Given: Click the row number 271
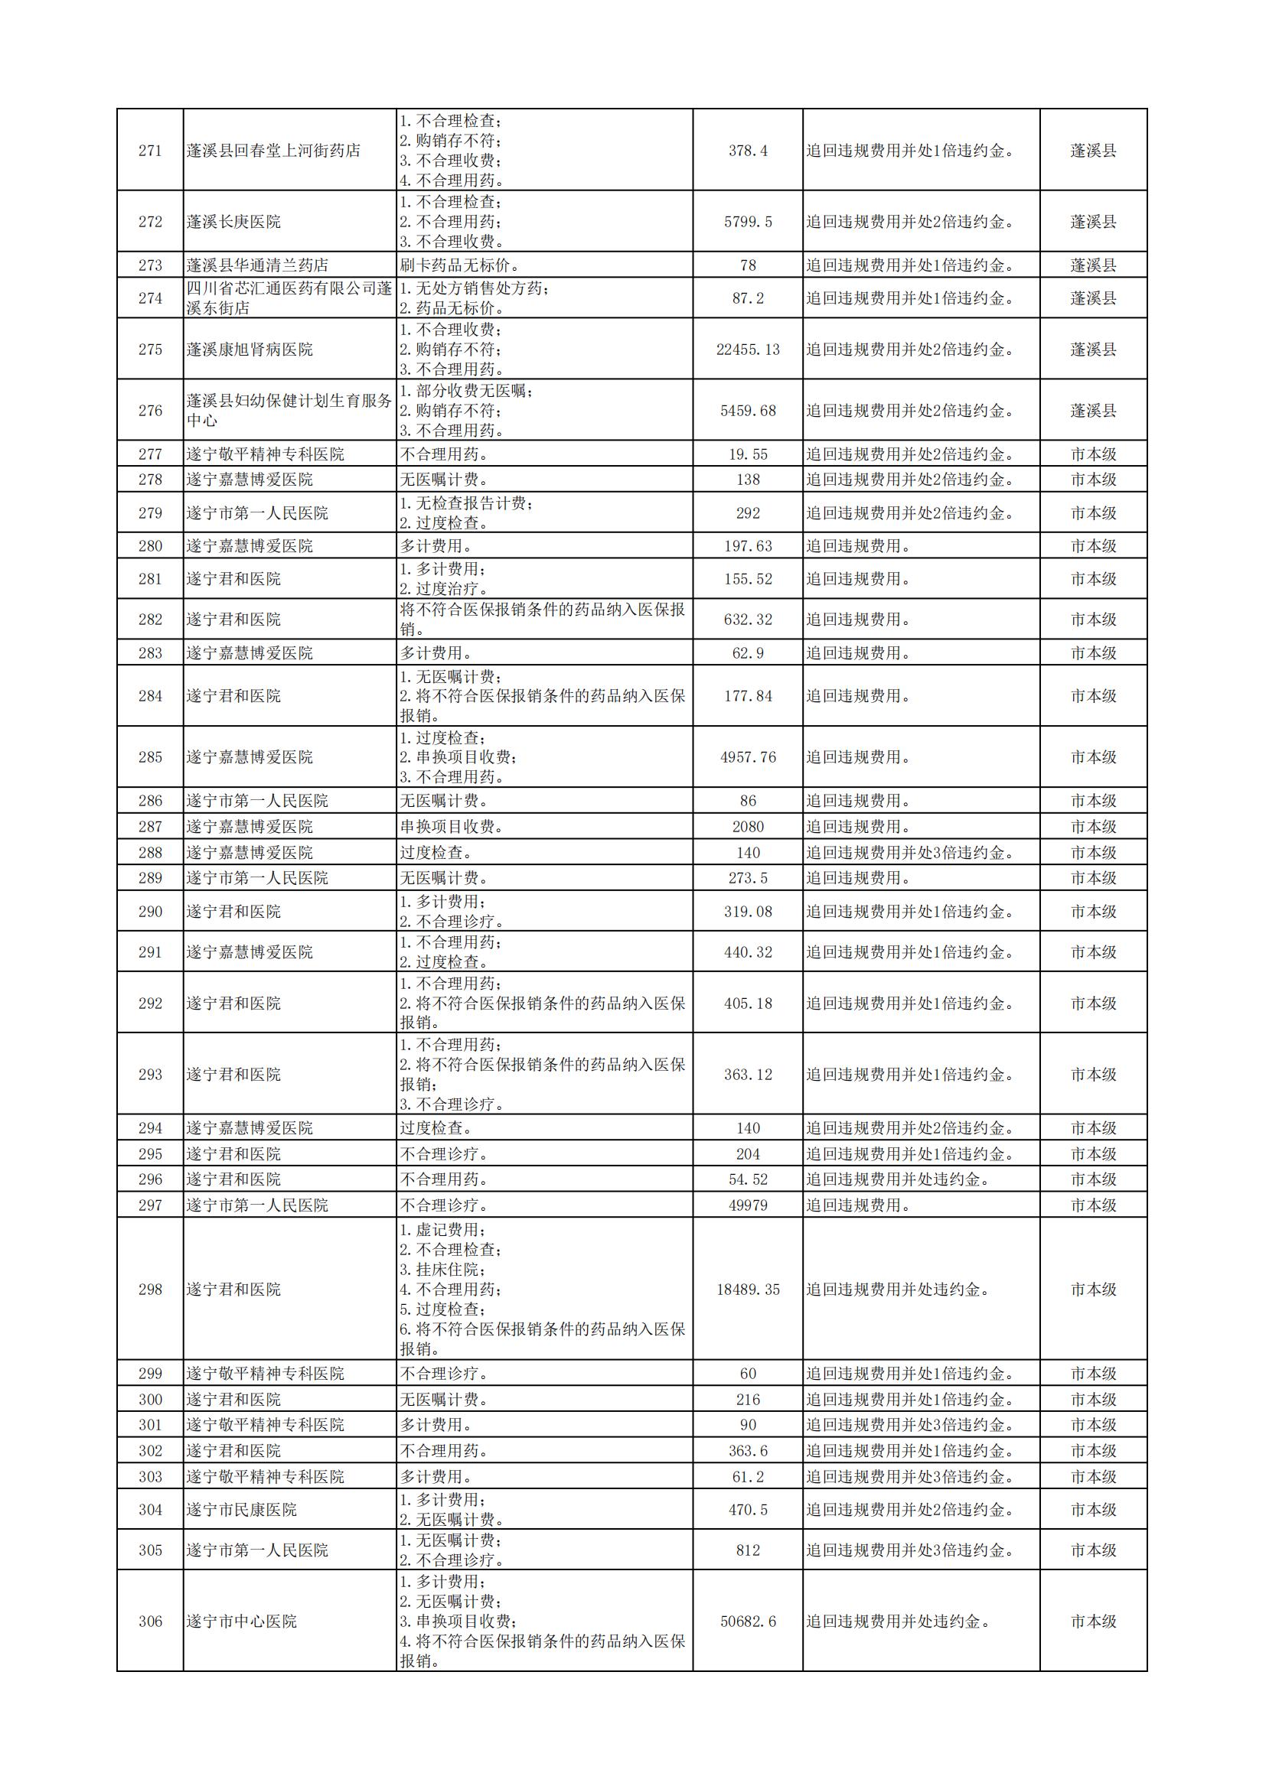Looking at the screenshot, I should coord(150,151).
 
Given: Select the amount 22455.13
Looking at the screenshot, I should coord(748,349).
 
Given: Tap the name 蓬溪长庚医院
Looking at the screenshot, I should coord(233,222).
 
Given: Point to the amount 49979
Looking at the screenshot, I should coord(748,1205).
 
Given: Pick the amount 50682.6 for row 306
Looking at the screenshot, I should coord(748,1621).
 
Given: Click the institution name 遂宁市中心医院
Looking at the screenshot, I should coord(241,1621).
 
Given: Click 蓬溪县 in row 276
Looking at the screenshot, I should coord(1093,411).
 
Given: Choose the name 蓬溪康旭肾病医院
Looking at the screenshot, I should coord(249,349).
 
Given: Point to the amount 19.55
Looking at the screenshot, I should coord(748,454).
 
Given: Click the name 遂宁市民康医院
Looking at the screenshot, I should coord(241,1509).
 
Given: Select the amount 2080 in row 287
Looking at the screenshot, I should coord(748,826).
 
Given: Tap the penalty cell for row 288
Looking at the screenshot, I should coord(910,852).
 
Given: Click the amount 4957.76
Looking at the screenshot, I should coord(748,756).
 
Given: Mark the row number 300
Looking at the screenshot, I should coord(150,1400).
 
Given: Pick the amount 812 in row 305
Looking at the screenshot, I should coord(748,1550).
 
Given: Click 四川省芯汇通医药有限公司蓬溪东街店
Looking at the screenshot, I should coord(289,298).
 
